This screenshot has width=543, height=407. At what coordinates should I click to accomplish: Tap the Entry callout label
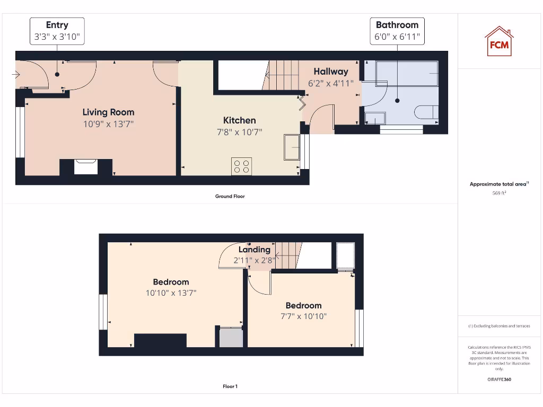point(57,31)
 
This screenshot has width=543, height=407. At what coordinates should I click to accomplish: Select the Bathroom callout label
point(397,31)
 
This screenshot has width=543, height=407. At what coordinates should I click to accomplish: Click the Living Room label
point(108,112)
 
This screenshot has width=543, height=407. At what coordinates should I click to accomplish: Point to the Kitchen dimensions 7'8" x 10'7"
point(239,132)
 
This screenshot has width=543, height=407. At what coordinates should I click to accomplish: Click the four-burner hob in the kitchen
point(241,166)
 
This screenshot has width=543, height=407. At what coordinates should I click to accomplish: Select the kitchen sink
point(292,147)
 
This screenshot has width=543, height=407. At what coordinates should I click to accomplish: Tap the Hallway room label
point(330,72)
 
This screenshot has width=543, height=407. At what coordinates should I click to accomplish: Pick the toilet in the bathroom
point(427,112)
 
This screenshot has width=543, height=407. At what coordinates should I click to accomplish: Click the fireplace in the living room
point(85,167)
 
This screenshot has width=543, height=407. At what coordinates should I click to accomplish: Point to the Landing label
point(254,250)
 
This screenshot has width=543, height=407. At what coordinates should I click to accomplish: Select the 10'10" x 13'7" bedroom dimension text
point(171,293)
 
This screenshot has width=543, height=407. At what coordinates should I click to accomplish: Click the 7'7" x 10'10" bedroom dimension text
point(303,316)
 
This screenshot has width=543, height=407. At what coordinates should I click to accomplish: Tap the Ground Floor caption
point(230,196)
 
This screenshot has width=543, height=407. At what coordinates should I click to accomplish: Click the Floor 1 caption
point(230,386)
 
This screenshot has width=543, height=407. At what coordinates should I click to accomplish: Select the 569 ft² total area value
point(499,193)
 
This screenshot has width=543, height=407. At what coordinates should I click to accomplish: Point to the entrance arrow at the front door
point(15,74)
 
